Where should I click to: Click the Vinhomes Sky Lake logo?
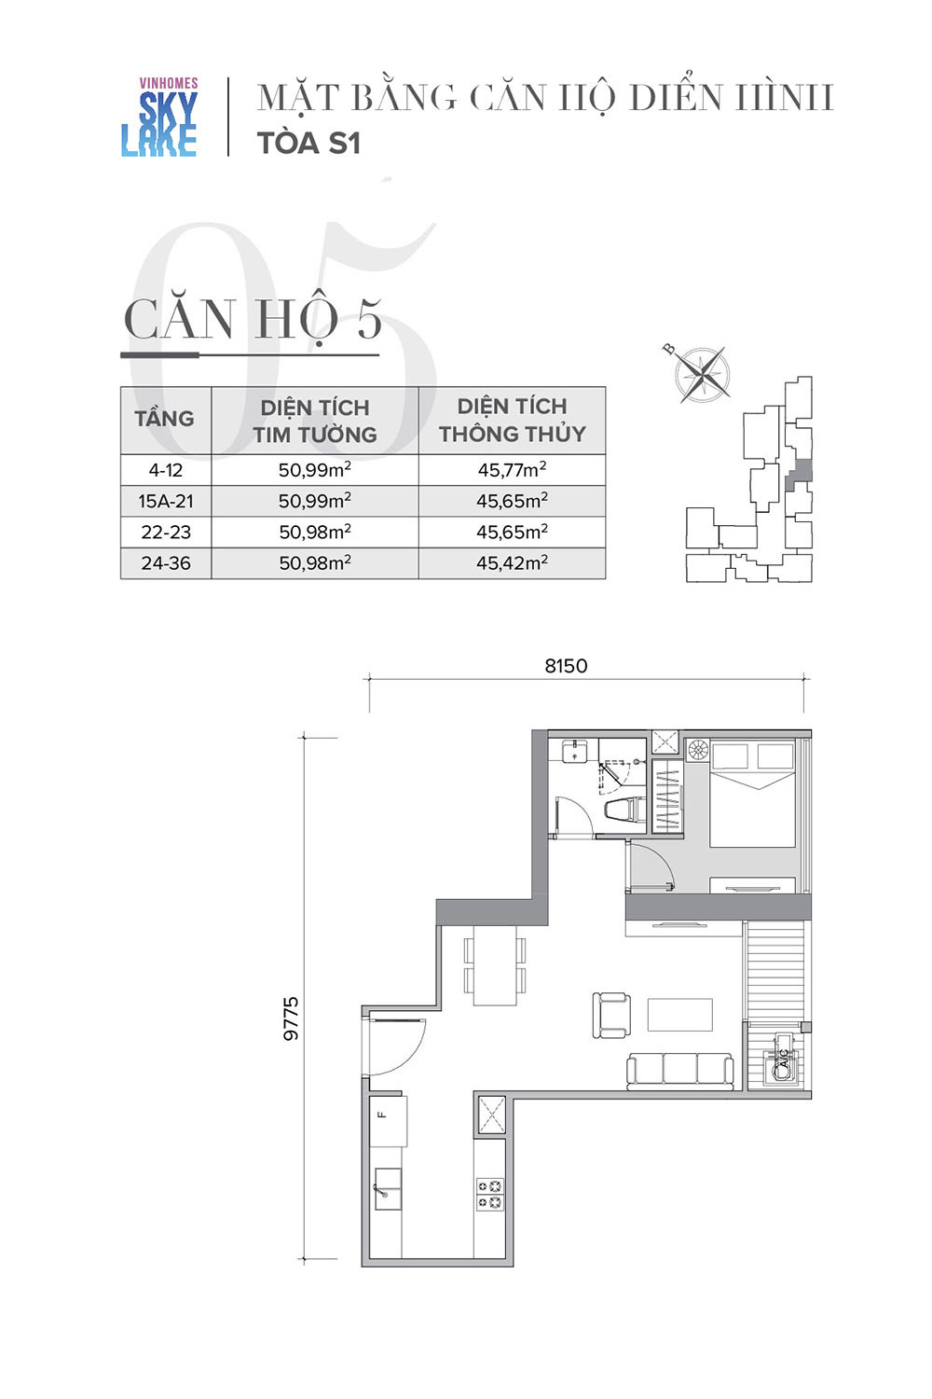tap(159, 117)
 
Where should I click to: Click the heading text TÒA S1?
tap(309, 144)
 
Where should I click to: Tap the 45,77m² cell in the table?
tap(512, 469)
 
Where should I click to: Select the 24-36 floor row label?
tap(165, 562)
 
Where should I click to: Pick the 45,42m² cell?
tap(512, 562)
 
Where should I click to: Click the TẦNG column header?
tap(164, 418)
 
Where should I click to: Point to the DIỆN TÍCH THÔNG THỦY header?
tap(512, 420)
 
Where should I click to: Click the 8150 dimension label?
tap(566, 666)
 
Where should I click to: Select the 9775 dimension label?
tap(291, 1018)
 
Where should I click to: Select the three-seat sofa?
tap(679, 1072)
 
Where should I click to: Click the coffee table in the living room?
tap(679, 1015)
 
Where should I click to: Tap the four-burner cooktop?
tap(489, 1194)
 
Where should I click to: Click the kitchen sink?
tap(387, 1189)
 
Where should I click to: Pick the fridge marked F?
tap(388, 1121)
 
